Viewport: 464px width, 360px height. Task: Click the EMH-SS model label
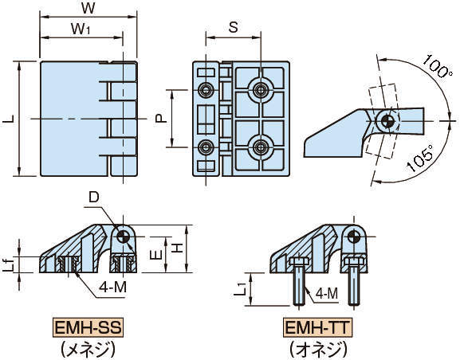click(x=88, y=327)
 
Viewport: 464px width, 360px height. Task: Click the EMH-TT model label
click(x=318, y=327)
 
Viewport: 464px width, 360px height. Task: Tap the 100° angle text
click(x=437, y=66)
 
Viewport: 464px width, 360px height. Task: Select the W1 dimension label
click(x=81, y=29)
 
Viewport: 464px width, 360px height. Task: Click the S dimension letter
click(x=233, y=27)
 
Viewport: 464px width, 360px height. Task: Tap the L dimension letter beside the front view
click(x=9, y=119)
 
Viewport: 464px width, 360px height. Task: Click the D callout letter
click(x=94, y=198)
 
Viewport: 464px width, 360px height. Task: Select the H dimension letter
click(x=177, y=248)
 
